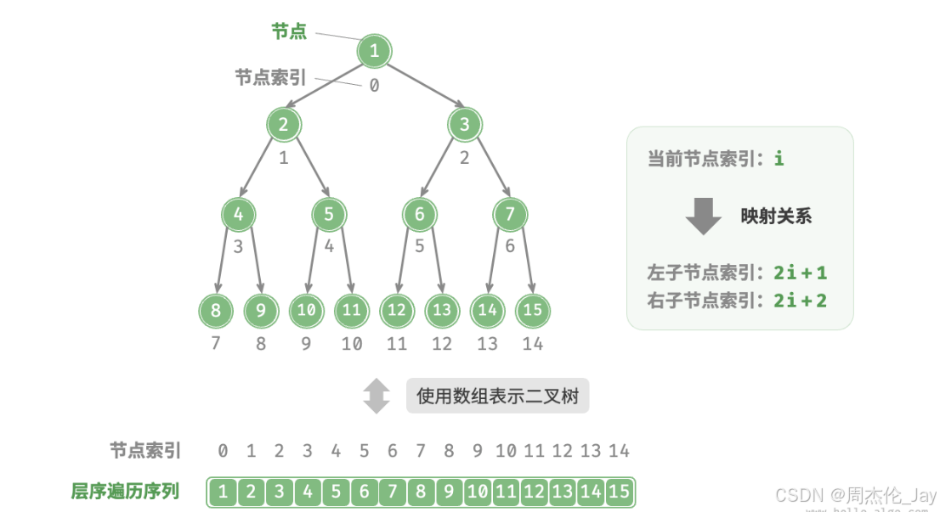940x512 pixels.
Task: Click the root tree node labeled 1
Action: pyautogui.click(x=374, y=51)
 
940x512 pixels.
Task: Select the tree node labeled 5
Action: pyautogui.click(x=329, y=215)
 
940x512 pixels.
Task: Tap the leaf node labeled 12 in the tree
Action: pyautogui.click(x=397, y=311)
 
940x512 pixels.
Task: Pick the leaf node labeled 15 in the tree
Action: pyautogui.click(x=533, y=311)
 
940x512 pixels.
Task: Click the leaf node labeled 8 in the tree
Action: pyautogui.click(x=216, y=311)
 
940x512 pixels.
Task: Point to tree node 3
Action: pyautogui.click(x=464, y=126)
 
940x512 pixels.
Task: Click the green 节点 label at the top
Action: pyautogui.click(x=289, y=31)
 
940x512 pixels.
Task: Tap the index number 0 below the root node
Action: pyautogui.click(x=374, y=85)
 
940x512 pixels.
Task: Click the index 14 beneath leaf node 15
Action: pyautogui.click(x=533, y=344)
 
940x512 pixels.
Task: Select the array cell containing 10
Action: pyautogui.click(x=478, y=491)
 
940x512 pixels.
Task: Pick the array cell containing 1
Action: pyautogui.click(x=223, y=491)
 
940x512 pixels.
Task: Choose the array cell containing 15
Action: pyautogui.click(x=620, y=491)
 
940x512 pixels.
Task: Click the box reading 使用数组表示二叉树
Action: pyautogui.click(x=497, y=396)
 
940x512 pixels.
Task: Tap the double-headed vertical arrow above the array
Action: pyautogui.click(x=377, y=396)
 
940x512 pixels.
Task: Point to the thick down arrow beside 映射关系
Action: pyautogui.click(x=703, y=217)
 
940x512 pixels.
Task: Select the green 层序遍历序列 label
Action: pyautogui.click(x=125, y=491)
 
